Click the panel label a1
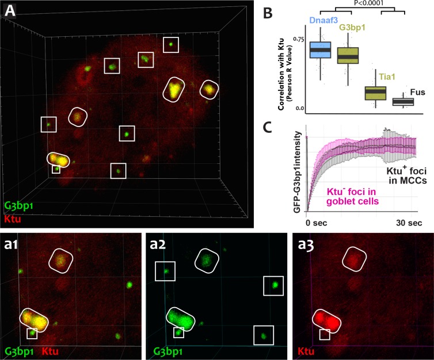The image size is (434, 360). point(12,242)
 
